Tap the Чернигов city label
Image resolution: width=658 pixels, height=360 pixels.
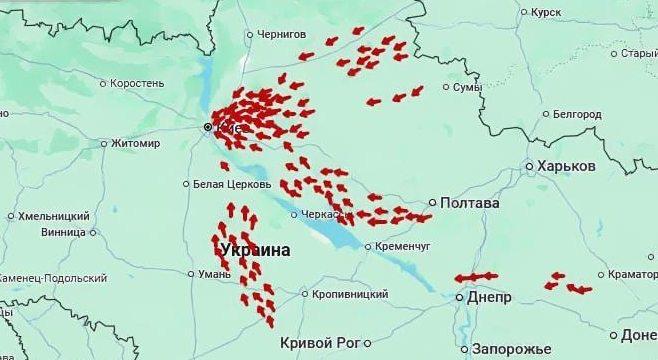pos(281,34)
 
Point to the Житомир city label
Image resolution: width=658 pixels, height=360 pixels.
pos(135,143)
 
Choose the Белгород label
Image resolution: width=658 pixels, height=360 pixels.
pos(576,115)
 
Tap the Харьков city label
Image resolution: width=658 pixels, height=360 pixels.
pos(566,166)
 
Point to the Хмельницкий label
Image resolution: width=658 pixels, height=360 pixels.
pos(55,216)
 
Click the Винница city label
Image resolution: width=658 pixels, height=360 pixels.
pos(63,232)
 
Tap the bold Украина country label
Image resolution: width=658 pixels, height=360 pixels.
pos(256,250)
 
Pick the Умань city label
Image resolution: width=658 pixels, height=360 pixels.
pos(214,273)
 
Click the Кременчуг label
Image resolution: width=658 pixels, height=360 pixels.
pos(403,246)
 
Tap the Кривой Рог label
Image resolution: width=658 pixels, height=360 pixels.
pos(319,342)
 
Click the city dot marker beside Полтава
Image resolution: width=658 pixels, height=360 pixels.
pos(433,203)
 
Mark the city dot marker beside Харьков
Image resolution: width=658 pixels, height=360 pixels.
pos(529,166)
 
